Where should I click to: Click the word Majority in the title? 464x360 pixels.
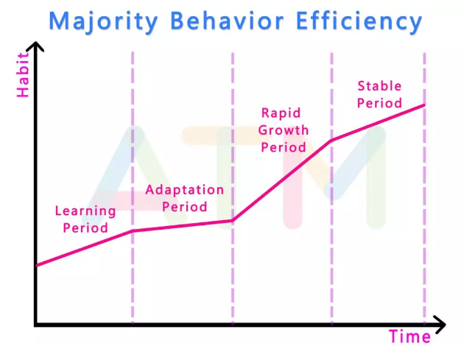click(102, 21)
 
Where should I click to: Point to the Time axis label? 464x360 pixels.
click(409, 337)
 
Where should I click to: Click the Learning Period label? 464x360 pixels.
click(85, 219)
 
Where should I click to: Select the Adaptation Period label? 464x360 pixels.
click(184, 198)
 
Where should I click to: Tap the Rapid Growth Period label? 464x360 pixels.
click(284, 130)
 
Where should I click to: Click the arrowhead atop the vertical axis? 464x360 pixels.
click(35, 47)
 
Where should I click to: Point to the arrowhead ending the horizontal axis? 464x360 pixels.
click(440, 324)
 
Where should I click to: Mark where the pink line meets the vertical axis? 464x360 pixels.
click(36, 265)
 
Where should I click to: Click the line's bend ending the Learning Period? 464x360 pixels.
click(133, 231)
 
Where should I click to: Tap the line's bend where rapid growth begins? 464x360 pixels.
click(232, 220)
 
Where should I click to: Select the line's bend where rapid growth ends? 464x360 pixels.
click(331, 140)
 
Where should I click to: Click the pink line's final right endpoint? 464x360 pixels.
click(425, 105)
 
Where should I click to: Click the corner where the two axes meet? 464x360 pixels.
click(36, 324)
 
